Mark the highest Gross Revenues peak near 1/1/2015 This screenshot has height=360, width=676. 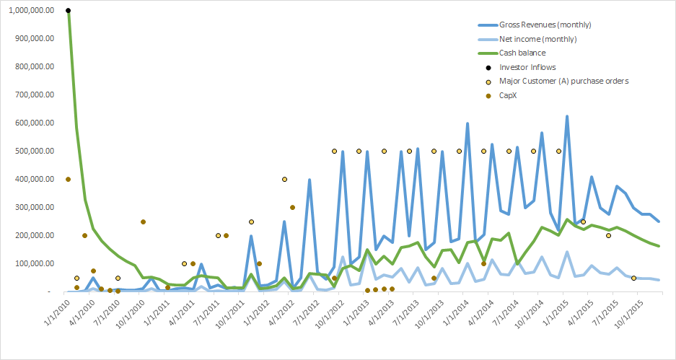[x=567, y=116]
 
